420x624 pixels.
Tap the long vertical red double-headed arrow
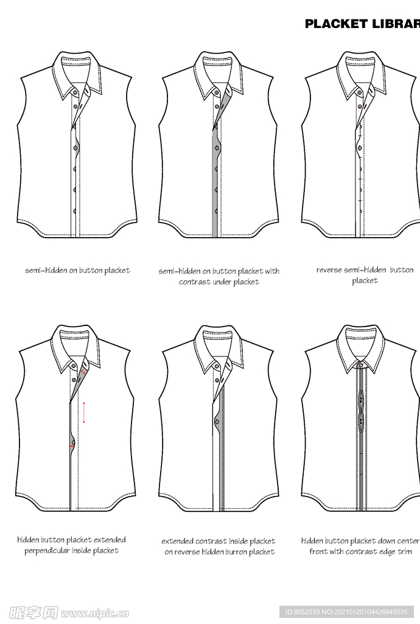[84, 413]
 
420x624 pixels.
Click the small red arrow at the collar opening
[83, 372]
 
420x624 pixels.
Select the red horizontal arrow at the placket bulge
[72, 447]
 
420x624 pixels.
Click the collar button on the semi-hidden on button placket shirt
[75, 93]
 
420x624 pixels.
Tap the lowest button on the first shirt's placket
[75, 211]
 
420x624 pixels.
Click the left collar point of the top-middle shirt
[204, 97]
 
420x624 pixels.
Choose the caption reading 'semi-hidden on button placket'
[77, 270]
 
